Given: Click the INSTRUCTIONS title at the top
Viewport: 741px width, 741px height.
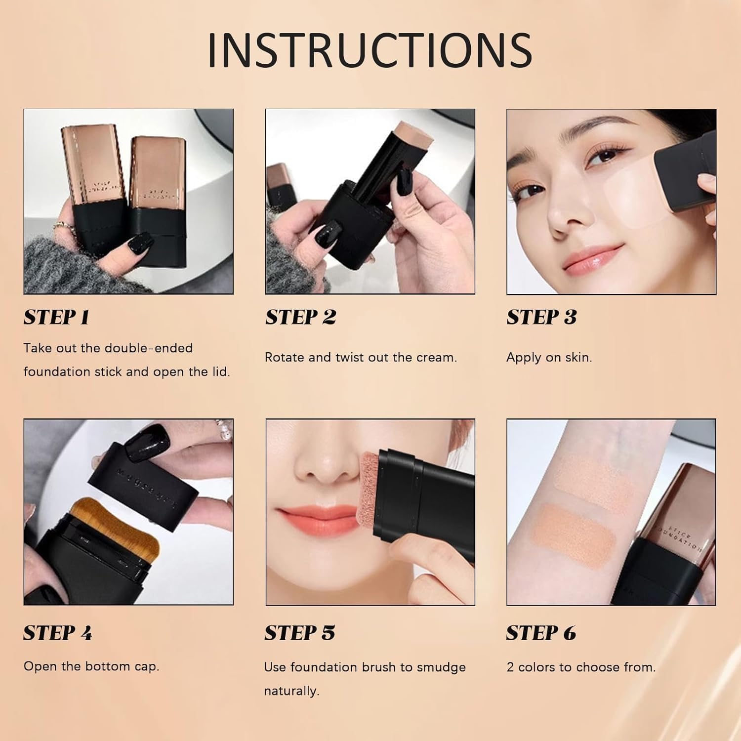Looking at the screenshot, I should pyautogui.click(x=370, y=50).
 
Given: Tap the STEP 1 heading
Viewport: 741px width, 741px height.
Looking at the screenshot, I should pyautogui.click(x=56, y=317).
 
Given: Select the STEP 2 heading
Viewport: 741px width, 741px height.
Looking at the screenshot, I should pyautogui.click(x=300, y=317).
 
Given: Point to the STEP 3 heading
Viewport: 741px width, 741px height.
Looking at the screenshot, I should pyautogui.click(x=541, y=317).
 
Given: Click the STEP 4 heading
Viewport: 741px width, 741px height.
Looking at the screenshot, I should pyautogui.click(x=57, y=633).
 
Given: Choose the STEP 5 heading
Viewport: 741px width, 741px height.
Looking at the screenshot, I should pyautogui.click(x=299, y=633).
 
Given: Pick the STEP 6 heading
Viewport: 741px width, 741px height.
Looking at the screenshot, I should pyautogui.click(x=541, y=633).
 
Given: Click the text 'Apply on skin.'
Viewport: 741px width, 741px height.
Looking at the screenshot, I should pyautogui.click(x=549, y=357).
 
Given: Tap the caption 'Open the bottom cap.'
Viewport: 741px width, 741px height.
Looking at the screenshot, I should pyautogui.click(x=91, y=666).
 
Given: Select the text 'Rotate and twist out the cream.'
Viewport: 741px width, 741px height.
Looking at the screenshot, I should pyautogui.click(x=361, y=357).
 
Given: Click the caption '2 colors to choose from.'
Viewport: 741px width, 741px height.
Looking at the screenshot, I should pyautogui.click(x=581, y=667).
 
